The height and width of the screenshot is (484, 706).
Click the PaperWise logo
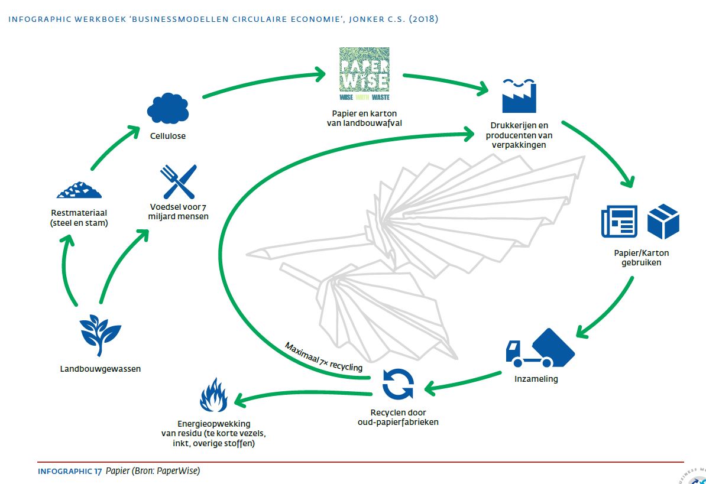[x=364, y=73]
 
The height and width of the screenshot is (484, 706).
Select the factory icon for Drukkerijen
[x=519, y=96]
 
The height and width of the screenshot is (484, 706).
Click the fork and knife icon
[x=179, y=181]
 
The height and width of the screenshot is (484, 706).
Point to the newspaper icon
[x=619, y=221]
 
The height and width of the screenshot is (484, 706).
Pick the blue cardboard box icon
[x=663, y=221]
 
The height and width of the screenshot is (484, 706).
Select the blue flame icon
[x=213, y=395]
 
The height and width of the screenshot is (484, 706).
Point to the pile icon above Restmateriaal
[x=79, y=189]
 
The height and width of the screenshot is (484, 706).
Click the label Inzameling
[x=536, y=379]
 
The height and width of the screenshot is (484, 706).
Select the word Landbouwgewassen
[x=101, y=369]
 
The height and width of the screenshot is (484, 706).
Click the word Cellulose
[x=168, y=136]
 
